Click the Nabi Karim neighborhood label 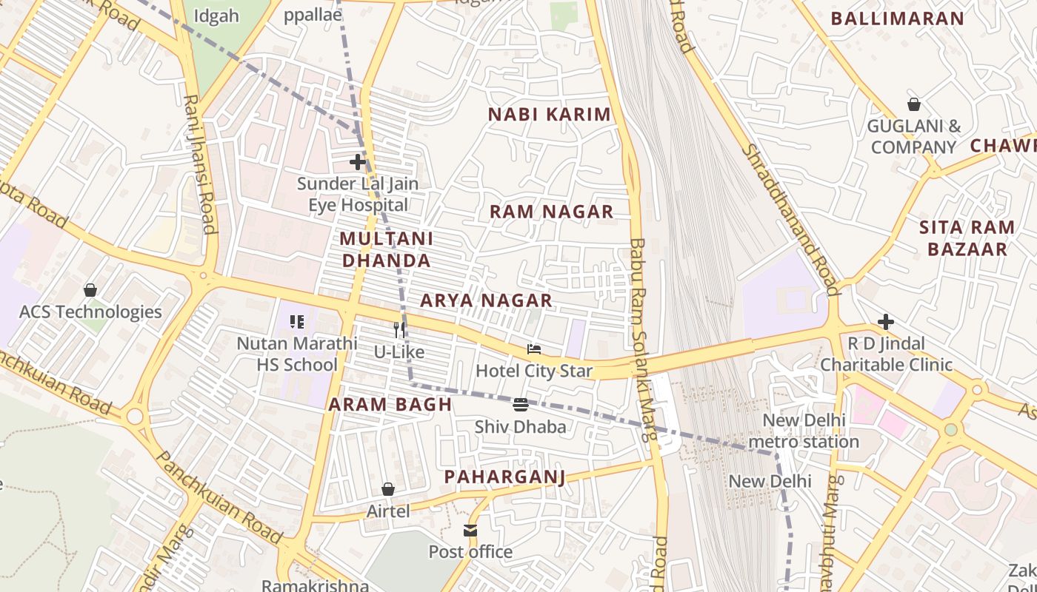[549, 115]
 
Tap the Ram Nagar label [551, 212]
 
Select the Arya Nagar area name [486, 300]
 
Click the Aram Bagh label [390, 405]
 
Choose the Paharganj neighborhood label [504, 477]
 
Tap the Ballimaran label [897, 19]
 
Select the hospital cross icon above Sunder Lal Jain [358, 161]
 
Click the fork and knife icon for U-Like [400, 329]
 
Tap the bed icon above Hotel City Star [534, 349]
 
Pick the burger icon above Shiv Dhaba [521, 405]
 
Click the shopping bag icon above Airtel [387, 489]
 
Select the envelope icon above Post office [470, 531]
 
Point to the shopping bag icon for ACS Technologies [90, 289]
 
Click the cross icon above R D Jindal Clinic [885, 322]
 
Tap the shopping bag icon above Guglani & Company [913, 104]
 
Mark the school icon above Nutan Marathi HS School [296, 322]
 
